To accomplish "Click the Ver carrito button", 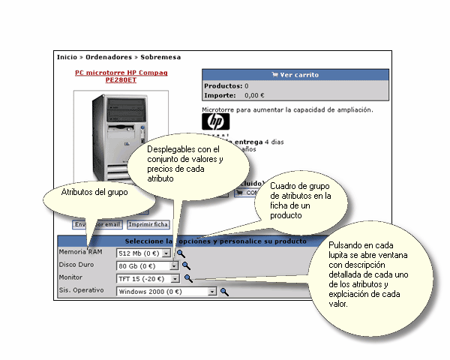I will (295, 75).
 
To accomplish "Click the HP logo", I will (216, 122).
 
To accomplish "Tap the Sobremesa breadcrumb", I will (160, 57).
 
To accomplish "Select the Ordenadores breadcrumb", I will (108, 57).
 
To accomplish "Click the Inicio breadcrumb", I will (67, 57).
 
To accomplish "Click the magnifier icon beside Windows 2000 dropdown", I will (223, 291).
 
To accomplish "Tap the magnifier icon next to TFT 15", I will (188, 278).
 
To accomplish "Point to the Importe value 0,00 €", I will (255, 95).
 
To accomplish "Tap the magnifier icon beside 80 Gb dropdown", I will (185, 265).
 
